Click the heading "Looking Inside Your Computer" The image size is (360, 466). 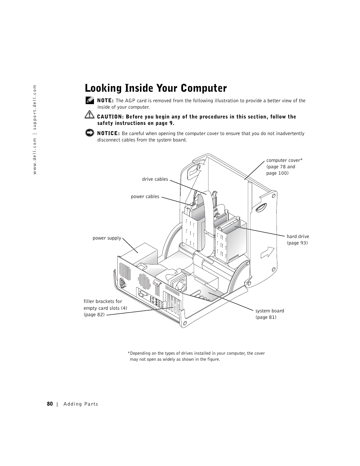click(x=156, y=88)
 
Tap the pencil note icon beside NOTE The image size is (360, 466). click(x=89, y=100)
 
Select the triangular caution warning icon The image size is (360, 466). click(x=89, y=114)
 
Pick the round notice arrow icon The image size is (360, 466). click(x=89, y=133)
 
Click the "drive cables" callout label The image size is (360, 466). click(x=155, y=179)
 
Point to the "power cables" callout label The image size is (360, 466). click(x=145, y=197)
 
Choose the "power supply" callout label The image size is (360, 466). click(x=107, y=238)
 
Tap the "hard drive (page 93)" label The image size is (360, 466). click(x=297, y=240)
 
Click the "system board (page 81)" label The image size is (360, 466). click(x=269, y=314)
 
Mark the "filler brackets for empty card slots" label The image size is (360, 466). click(x=105, y=308)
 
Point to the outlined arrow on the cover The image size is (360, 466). click(x=267, y=252)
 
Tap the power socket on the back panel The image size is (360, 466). click(x=123, y=283)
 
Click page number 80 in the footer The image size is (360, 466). click(x=50, y=404)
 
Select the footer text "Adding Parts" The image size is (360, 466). click(x=81, y=404)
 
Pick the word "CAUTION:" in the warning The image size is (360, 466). click(x=110, y=117)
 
